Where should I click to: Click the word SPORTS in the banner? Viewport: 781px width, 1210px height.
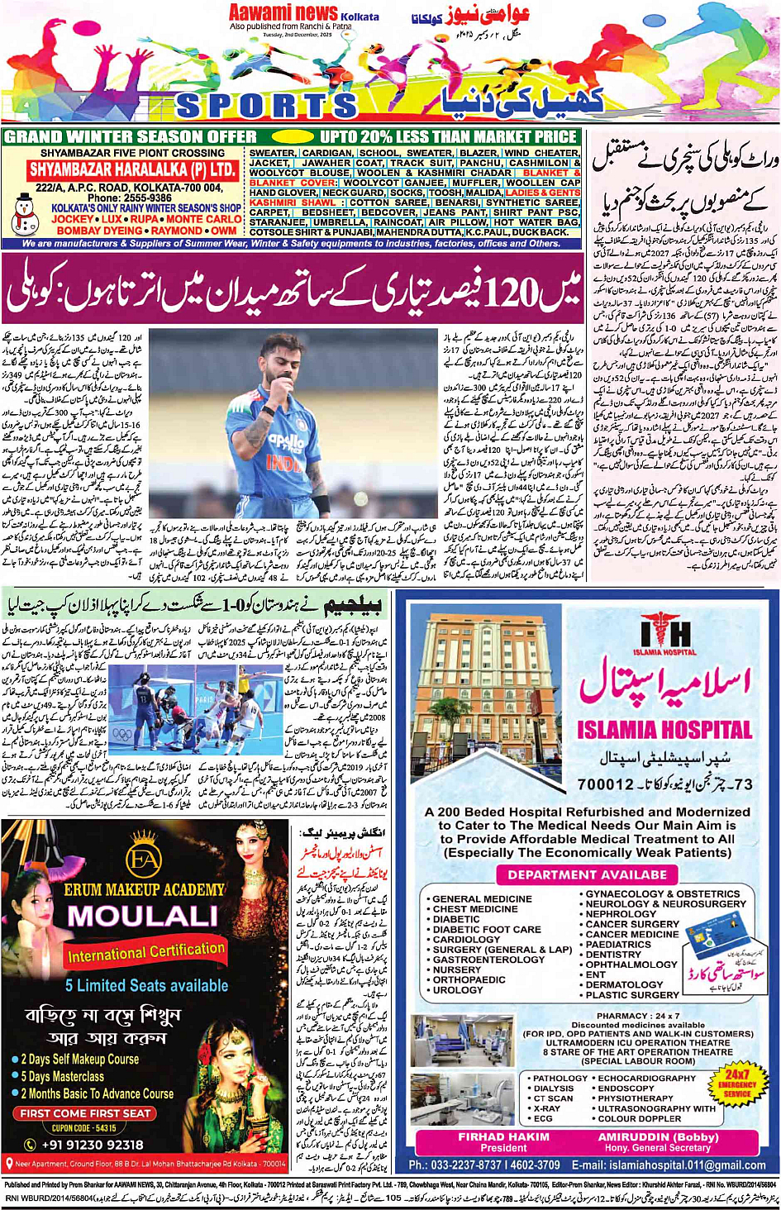tap(266, 105)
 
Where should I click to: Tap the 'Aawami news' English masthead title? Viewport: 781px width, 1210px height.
tap(283, 12)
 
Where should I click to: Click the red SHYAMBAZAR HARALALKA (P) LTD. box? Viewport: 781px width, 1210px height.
tap(133, 169)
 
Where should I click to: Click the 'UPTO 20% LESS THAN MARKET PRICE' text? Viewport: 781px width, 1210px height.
tap(448, 136)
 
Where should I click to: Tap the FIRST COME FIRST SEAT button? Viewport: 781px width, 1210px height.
tap(86, 1113)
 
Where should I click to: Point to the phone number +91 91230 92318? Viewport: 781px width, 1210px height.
tap(93, 1145)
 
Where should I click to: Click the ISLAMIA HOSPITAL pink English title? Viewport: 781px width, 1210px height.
tap(664, 730)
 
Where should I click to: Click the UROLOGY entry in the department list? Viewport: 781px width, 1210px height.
tap(458, 989)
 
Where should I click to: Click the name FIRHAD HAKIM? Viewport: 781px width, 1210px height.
tap(503, 1136)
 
